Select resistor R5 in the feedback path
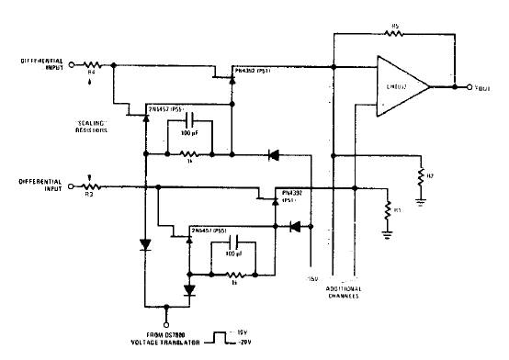coord(395,34)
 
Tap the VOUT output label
coord(476,87)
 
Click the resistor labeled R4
coord(92,66)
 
